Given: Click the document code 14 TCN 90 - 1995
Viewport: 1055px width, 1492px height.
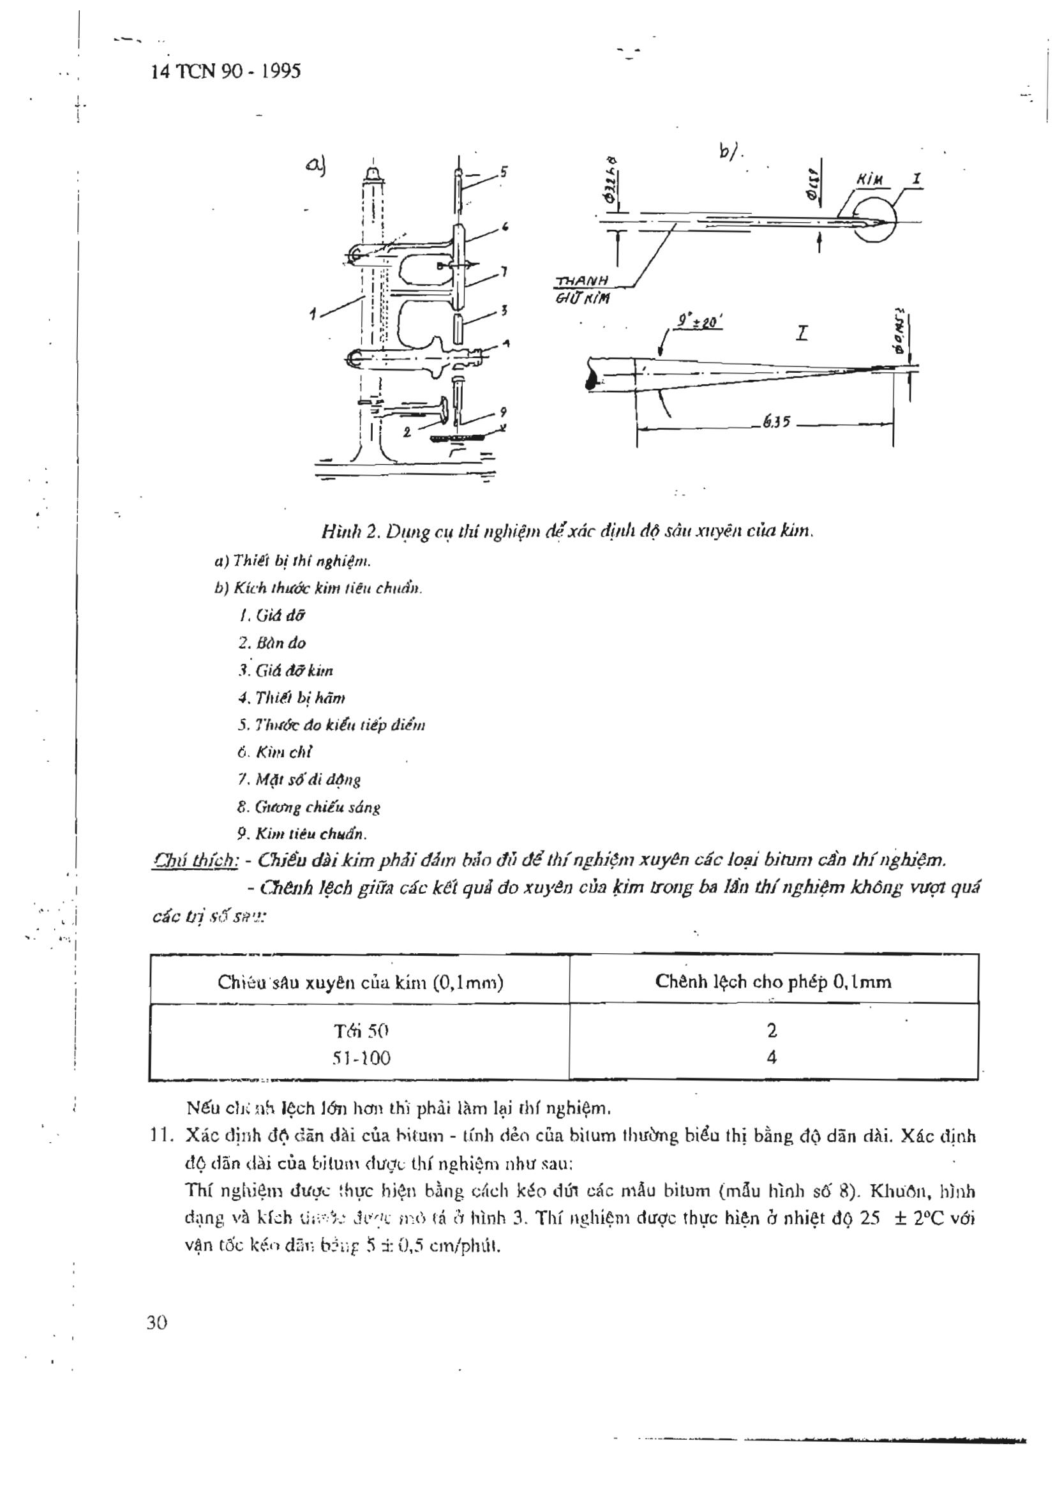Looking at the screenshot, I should coord(225,71).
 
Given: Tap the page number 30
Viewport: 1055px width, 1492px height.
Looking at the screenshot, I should coord(157,1322).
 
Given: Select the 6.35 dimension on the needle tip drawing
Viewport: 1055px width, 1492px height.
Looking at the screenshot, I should coord(776,423).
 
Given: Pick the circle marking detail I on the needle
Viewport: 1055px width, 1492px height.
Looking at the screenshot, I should coord(874,218).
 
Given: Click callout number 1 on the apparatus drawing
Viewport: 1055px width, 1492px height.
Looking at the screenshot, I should coord(313,314).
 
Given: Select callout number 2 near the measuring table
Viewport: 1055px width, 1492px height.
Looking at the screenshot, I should coord(407,431).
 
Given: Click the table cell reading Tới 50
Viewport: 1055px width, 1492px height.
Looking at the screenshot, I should coord(361,1030).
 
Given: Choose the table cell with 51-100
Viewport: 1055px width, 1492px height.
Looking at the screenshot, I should coord(361,1059).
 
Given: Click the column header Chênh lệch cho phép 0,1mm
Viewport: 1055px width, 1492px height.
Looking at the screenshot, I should coord(773,981).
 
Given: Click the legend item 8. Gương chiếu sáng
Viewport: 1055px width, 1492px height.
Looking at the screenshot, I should coord(308,807).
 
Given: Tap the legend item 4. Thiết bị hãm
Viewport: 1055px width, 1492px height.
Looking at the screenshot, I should coord(291,698).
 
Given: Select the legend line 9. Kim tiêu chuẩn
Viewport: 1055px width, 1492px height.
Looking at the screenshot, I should coord(302,834).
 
